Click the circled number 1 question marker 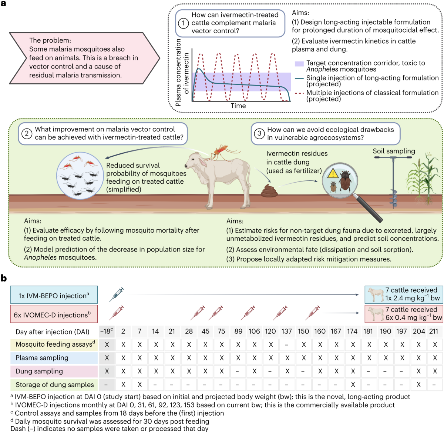point(184,23)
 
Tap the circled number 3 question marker point(259,133)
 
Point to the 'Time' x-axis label point(238,106)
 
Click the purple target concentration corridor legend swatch point(299,64)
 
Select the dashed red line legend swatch point(299,93)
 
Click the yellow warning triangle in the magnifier point(333,173)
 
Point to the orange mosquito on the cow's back point(221,151)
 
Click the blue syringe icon point(117,294)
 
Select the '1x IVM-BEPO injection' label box point(54,295)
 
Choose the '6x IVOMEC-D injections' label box point(54,314)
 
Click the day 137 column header point(287,331)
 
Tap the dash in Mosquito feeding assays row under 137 point(287,344)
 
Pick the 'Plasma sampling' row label point(42,358)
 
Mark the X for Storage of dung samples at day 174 point(353,384)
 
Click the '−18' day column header point(107,331)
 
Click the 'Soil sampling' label point(394,151)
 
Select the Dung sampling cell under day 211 point(435,371)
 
